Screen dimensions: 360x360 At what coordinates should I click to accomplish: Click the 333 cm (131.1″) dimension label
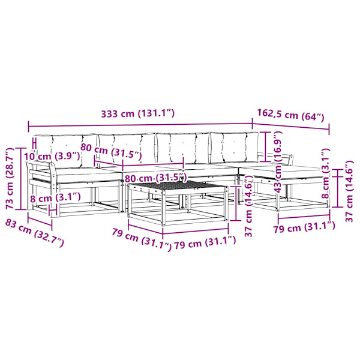click(138, 113)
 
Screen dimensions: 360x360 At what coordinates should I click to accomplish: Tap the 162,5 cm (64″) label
click(290, 115)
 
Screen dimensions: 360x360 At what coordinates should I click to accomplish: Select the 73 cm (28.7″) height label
click(10, 179)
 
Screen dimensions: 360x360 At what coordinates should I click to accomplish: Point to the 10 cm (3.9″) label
click(52, 157)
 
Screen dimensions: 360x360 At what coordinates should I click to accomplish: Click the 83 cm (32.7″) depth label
click(34, 233)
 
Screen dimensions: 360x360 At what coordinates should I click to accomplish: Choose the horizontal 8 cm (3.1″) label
click(55, 197)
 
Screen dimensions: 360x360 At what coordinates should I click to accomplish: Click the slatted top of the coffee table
click(177, 186)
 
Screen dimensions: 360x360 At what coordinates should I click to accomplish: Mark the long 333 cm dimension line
click(140, 125)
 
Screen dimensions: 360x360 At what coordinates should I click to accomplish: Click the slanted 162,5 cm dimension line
click(290, 127)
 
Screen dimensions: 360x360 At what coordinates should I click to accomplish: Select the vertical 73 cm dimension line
click(21, 179)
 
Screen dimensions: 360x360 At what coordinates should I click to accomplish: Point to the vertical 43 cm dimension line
click(266, 147)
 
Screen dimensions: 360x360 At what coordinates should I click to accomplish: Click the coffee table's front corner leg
click(163, 208)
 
